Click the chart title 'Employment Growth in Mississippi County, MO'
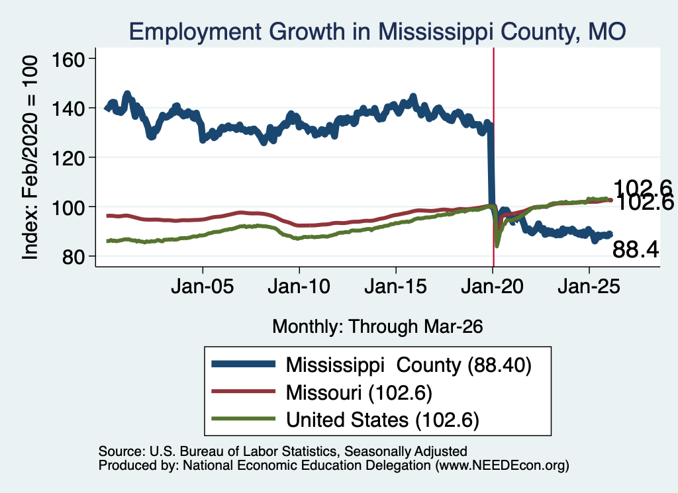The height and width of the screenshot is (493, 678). [x=377, y=32]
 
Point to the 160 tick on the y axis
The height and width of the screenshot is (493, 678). [x=68, y=59]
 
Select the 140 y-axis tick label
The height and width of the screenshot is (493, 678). [x=68, y=109]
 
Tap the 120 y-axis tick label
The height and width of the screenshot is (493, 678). [x=68, y=157]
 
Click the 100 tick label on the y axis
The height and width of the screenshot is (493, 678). [x=68, y=207]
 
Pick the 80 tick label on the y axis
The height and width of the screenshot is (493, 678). [x=73, y=257]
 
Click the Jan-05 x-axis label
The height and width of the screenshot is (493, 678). [x=203, y=287]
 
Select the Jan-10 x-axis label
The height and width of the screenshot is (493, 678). [x=299, y=287]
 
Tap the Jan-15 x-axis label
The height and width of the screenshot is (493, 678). [x=396, y=287]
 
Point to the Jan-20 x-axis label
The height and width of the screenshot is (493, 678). [x=492, y=287]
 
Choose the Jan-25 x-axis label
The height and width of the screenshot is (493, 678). [x=589, y=287]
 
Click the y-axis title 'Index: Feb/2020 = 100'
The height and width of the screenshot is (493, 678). [x=30, y=157]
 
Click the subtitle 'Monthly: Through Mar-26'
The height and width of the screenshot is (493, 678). [x=377, y=326]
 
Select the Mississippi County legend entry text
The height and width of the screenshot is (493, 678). [x=409, y=365]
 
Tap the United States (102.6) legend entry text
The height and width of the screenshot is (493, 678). [x=383, y=420]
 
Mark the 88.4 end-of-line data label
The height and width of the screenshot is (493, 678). [x=636, y=249]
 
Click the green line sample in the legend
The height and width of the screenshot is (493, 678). [x=244, y=419]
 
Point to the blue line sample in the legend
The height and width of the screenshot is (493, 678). [x=244, y=364]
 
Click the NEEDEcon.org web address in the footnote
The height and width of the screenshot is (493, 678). [x=502, y=465]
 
